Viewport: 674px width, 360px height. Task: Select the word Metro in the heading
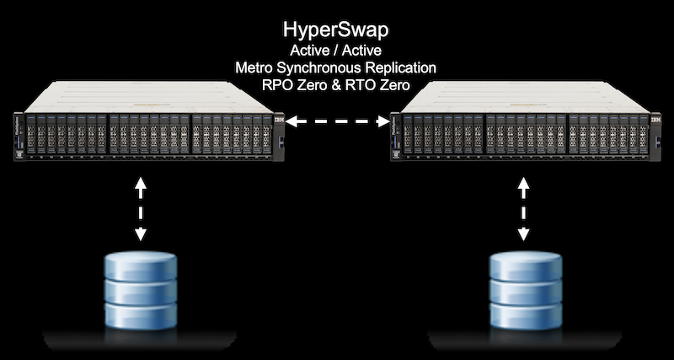[254, 67]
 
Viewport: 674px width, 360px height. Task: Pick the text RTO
[357, 85]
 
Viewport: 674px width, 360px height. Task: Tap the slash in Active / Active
[335, 51]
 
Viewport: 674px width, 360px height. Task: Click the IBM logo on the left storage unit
[279, 120]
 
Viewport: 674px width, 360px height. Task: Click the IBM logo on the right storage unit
[656, 120]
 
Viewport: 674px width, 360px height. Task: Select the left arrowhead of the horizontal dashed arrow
[292, 121]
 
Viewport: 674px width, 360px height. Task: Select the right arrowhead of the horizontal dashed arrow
[383, 121]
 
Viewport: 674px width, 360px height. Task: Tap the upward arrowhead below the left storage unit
[141, 181]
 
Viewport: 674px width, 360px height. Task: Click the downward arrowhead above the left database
[141, 234]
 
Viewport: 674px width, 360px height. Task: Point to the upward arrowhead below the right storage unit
[523, 181]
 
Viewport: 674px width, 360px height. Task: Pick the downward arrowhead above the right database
[523, 234]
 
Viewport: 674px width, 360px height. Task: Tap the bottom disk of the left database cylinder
[141, 315]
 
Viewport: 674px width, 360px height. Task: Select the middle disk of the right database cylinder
[526, 291]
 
